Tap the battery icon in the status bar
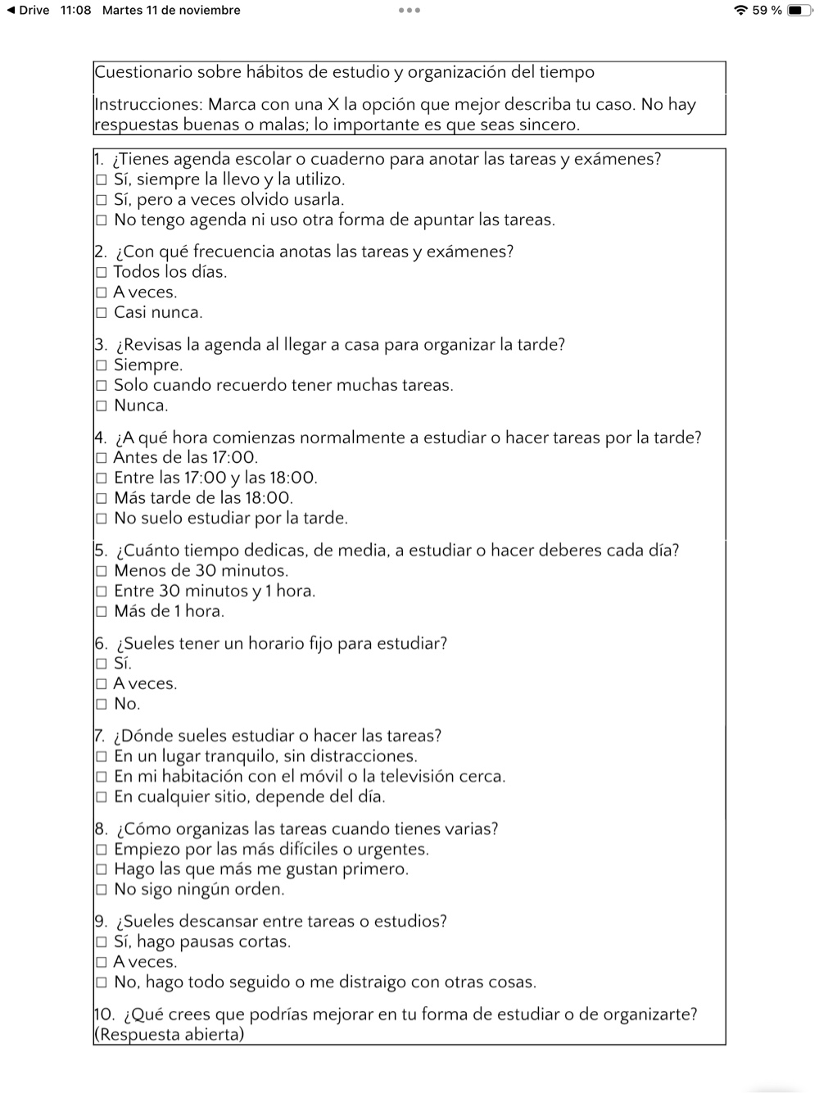pos(799,11)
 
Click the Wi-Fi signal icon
pos(741,11)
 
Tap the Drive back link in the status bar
pos(28,11)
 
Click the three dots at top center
pos(409,11)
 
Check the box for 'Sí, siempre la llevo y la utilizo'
pos(102,180)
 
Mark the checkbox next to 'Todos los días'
pos(102,273)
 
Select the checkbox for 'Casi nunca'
pos(102,313)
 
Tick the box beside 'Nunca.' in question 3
pos(102,406)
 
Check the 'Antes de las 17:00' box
pos(102,458)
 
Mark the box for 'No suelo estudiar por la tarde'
pos(102,519)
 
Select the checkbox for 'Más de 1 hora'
pos(102,611)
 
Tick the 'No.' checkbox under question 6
pos(102,704)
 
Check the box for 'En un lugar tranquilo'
pos(102,757)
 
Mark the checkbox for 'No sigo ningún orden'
pos(102,890)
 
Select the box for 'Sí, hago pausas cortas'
pos(102,942)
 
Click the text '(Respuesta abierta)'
pos(170,1034)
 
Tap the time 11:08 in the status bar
pos(76,11)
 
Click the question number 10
pos(105,1014)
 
